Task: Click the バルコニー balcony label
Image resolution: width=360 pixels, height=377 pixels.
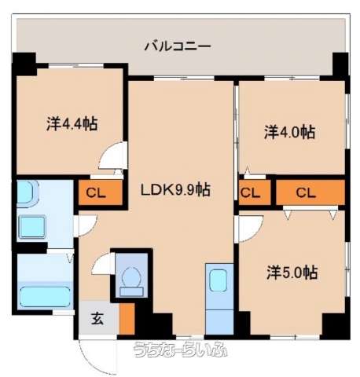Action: click(178, 46)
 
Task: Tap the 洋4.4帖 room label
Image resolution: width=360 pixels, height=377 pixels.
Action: click(72, 124)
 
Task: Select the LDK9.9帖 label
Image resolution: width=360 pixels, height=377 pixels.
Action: click(175, 189)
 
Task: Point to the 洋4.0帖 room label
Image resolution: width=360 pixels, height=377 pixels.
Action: click(289, 132)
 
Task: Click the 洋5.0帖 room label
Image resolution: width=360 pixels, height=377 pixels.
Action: click(292, 273)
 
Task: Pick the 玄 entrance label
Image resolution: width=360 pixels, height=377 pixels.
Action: click(97, 319)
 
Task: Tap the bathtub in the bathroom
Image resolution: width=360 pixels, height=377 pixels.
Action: click(45, 296)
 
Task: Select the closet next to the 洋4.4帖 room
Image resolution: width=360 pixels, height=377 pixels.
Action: click(101, 192)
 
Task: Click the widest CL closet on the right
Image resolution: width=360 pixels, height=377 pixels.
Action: click(310, 192)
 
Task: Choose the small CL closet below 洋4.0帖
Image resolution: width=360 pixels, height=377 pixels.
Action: click(255, 192)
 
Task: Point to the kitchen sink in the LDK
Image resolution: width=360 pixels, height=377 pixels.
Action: click(219, 280)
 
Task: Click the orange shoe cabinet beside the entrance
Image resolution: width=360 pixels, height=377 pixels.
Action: click(127, 319)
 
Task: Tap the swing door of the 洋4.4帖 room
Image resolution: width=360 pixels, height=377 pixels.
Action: click(113, 156)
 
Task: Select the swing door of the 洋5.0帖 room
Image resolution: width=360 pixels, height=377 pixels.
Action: click(249, 229)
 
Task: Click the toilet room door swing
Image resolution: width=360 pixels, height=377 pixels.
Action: click(104, 264)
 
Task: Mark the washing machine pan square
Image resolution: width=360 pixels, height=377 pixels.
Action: click(31, 227)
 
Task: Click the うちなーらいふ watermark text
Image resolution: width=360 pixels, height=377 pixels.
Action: click(180, 350)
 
